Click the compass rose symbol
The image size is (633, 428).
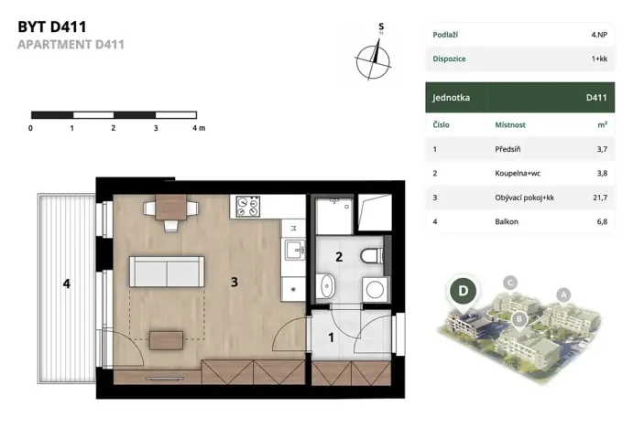point(373,61)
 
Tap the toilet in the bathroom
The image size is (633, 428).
point(371,256)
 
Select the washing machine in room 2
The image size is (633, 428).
point(375,289)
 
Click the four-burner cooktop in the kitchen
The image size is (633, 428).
point(247,207)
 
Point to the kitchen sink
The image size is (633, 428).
point(295,250)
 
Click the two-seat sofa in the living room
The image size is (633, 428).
point(167,272)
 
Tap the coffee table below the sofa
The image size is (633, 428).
point(166,340)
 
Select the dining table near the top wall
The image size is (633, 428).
point(170,208)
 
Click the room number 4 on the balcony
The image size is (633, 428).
point(67,284)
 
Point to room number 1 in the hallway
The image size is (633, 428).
point(331,337)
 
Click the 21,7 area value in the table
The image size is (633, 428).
point(600,198)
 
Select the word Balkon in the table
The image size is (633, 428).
point(507,221)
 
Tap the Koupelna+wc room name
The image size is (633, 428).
point(518,173)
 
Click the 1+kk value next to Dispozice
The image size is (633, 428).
point(599,59)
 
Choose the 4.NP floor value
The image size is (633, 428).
point(599,35)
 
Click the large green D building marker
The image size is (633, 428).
point(463,291)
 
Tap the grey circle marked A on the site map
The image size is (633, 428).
point(563,295)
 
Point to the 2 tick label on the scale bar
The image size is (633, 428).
point(113,128)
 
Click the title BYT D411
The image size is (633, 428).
point(52,27)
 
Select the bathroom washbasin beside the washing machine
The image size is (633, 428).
point(326,286)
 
